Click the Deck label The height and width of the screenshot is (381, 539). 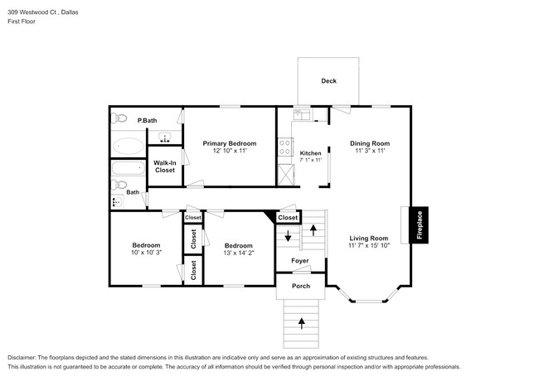(328, 80)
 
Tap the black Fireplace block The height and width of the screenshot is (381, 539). (420, 225)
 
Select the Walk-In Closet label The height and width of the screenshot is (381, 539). (164, 166)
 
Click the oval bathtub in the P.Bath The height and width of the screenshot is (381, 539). (129, 147)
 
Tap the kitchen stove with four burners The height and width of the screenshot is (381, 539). (285, 147)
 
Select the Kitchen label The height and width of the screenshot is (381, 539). (310, 153)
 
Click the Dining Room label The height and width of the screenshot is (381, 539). (369, 143)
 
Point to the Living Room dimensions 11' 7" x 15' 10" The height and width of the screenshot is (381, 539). (368, 246)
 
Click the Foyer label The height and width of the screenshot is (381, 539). (299, 261)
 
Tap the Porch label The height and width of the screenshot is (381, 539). (300, 286)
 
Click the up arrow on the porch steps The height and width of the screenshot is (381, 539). (301, 319)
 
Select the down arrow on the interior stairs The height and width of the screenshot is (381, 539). (288, 238)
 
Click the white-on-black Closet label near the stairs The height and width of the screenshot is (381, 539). (288, 218)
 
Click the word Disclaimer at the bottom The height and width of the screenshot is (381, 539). (25, 356)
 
